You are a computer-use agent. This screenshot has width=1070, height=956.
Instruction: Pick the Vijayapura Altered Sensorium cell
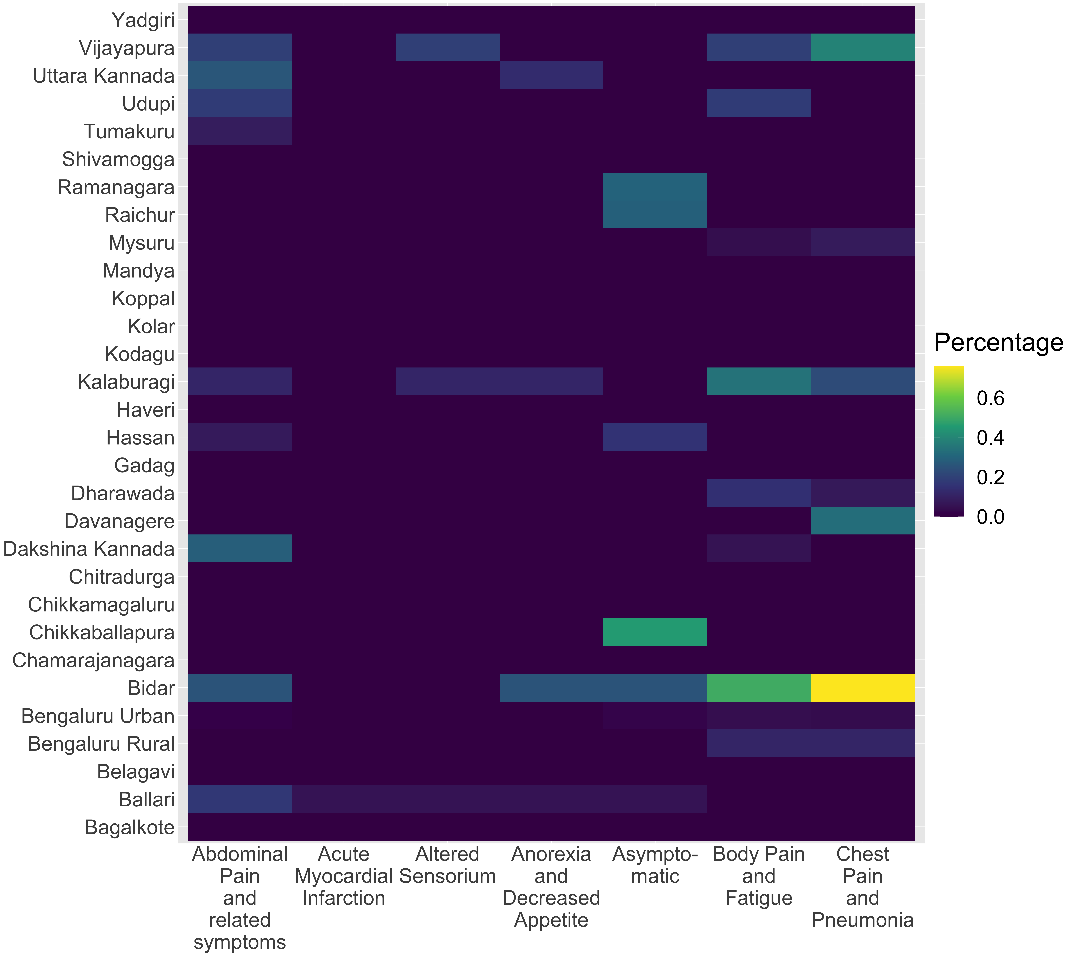[447, 47]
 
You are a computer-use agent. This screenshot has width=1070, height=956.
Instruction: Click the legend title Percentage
[999, 343]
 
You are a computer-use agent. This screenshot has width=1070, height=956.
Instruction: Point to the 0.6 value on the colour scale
[990, 398]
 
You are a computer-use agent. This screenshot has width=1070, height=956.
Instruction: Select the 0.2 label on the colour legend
[990, 477]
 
